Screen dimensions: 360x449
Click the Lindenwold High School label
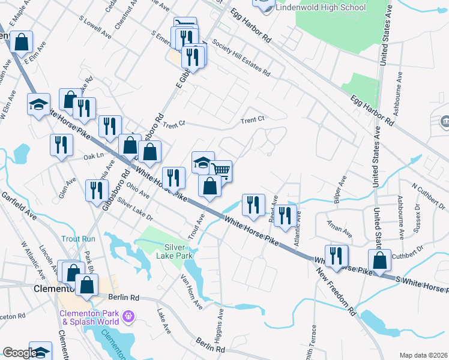point(321,8)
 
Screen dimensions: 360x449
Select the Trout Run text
point(78,239)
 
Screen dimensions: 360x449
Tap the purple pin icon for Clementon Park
point(127,315)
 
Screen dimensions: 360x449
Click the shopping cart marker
point(221,171)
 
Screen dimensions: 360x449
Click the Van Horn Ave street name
point(191,292)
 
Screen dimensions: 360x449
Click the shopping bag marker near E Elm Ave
point(21,43)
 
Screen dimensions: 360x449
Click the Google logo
point(19,353)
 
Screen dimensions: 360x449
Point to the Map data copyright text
point(423,355)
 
